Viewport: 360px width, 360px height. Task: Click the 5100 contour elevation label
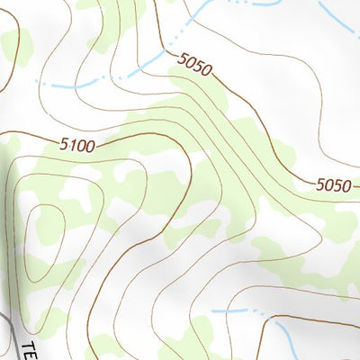(78, 144)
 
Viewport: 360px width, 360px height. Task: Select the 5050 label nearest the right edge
(333, 185)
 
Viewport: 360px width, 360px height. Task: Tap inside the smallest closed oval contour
(43, 229)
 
